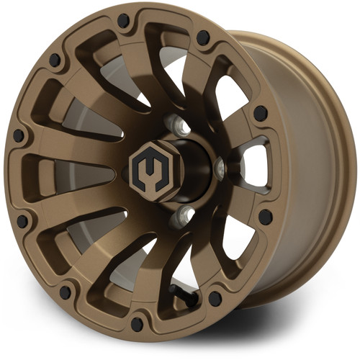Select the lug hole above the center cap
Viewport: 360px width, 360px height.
coord(181,127)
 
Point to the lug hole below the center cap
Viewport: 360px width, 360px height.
coord(185,212)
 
